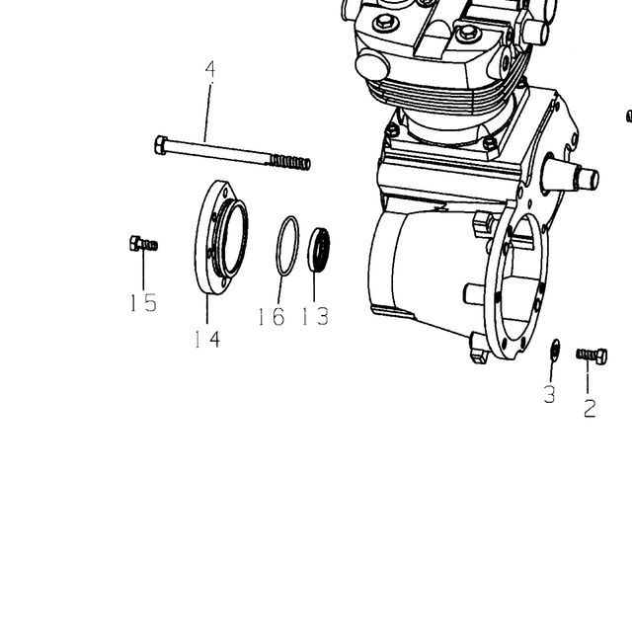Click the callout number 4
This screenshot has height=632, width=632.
tap(210, 69)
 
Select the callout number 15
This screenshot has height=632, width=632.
tap(143, 302)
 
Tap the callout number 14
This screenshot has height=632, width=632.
tap(207, 339)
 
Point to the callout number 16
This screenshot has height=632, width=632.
tap(272, 316)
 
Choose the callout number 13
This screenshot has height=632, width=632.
tap(316, 316)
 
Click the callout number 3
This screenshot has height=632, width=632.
tap(550, 394)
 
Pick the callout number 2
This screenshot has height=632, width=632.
tap(590, 408)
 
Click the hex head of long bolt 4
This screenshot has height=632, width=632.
tap(160, 145)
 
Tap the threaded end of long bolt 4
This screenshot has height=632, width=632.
tap(289, 162)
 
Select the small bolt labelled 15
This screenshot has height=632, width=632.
tap(143, 244)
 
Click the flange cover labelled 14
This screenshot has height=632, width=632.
tap(221, 237)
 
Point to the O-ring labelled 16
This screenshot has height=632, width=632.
tap(287, 246)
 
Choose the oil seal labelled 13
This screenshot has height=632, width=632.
tap(318, 250)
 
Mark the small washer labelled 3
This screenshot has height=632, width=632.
tap(555, 349)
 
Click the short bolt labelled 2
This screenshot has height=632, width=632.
tap(592, 355)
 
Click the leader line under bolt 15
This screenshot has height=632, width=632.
tap(143, 269)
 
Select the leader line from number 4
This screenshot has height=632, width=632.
tap(207, 112)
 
